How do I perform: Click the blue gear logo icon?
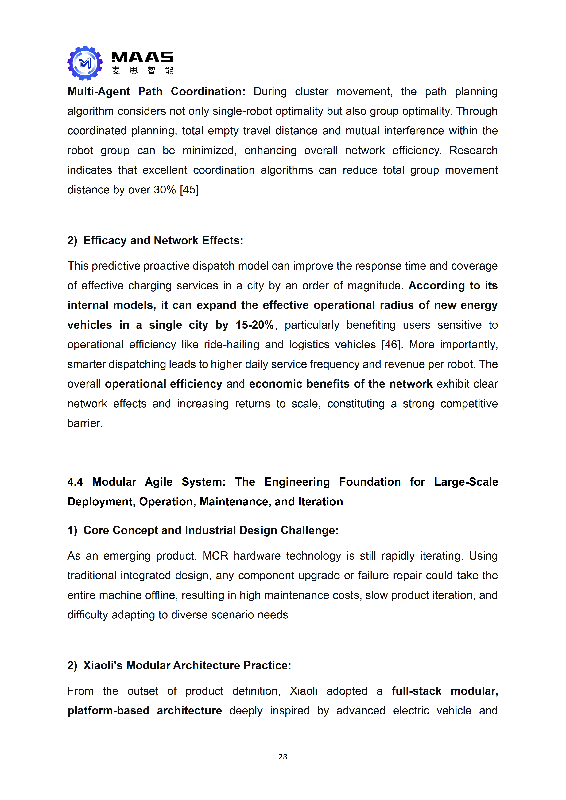click(85, 63)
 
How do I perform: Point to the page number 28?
click(283, 756)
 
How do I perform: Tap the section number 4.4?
click(75, 482)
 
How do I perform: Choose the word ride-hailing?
click(232, 345)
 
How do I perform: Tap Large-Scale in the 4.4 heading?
click(466, 482)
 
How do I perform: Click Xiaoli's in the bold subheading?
click(103, 665)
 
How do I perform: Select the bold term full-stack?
click(416, 691)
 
